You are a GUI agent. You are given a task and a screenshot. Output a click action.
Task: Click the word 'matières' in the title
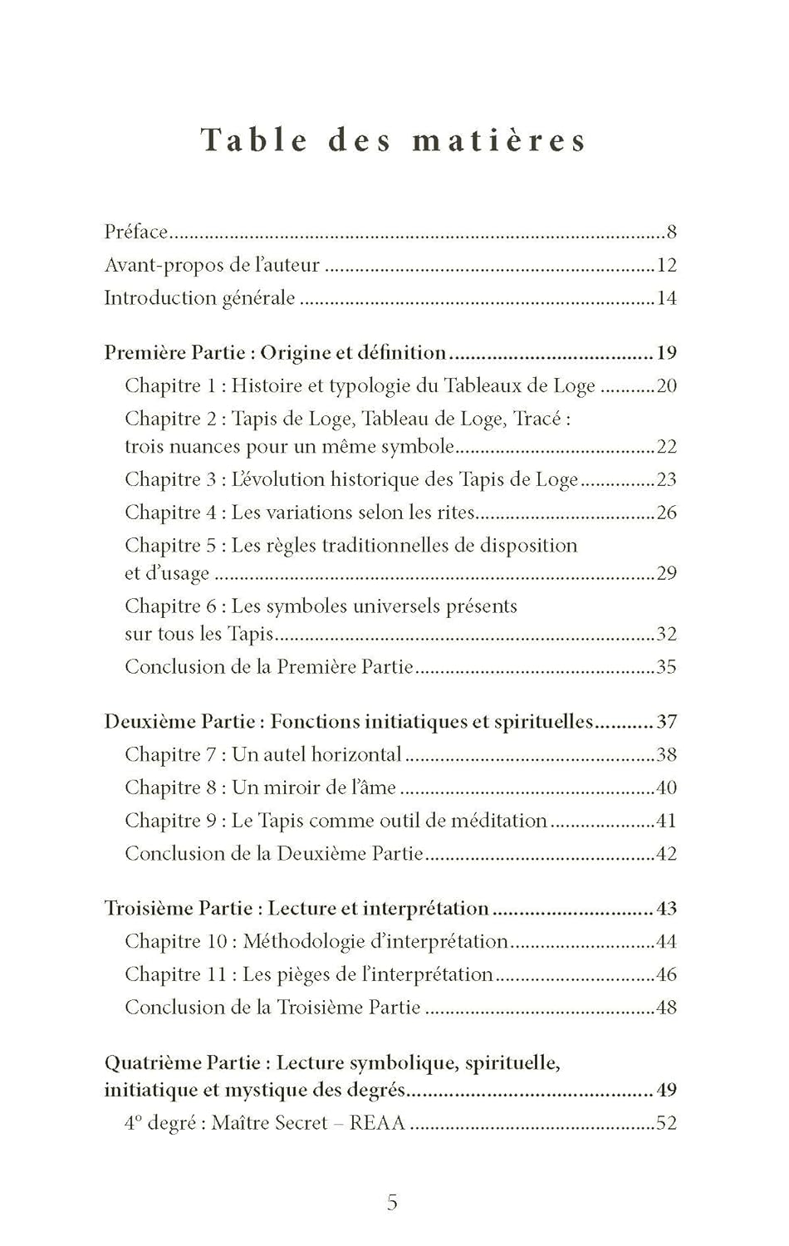[499, 140]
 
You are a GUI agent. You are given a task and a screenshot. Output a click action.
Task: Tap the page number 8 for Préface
[671, 232]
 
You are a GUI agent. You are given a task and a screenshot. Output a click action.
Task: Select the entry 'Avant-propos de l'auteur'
[212, 265]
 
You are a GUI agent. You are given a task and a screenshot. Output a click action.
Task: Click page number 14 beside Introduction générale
[666, 298]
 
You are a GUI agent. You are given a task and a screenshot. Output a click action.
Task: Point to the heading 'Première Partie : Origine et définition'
[275, 352]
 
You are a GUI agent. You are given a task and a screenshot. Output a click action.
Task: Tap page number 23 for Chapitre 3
[666, 479]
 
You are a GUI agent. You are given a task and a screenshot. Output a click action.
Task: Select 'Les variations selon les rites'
[352, 513]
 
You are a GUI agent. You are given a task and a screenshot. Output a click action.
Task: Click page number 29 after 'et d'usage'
[666, 573]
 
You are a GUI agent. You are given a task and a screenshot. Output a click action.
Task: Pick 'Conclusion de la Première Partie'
[268, 667]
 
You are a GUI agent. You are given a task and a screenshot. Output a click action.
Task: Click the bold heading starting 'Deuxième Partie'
[348, 721]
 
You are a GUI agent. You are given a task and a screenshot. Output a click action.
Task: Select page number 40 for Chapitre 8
[666, 787]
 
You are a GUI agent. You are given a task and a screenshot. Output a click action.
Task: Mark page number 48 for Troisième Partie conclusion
[666, 1008]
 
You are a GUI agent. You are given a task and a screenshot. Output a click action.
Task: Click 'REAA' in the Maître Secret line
[377, 1123]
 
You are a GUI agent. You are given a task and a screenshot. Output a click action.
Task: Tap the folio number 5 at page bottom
[393, 1202]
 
